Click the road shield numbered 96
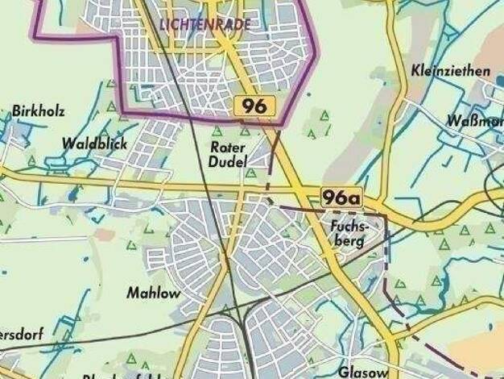point(256,106)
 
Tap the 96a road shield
point(341,197)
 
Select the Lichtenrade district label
point(205,24)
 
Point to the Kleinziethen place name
point(450,71)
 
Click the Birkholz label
point(38,111)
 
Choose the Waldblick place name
point(94,144)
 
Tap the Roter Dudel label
point(227,155)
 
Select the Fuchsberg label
point(348,234)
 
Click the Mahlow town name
point(153,294)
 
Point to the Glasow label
point(363,372)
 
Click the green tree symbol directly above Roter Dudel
point(217,131)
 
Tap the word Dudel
point(227,162)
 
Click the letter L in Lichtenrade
point(163,24)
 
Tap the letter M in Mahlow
point(132,294)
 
